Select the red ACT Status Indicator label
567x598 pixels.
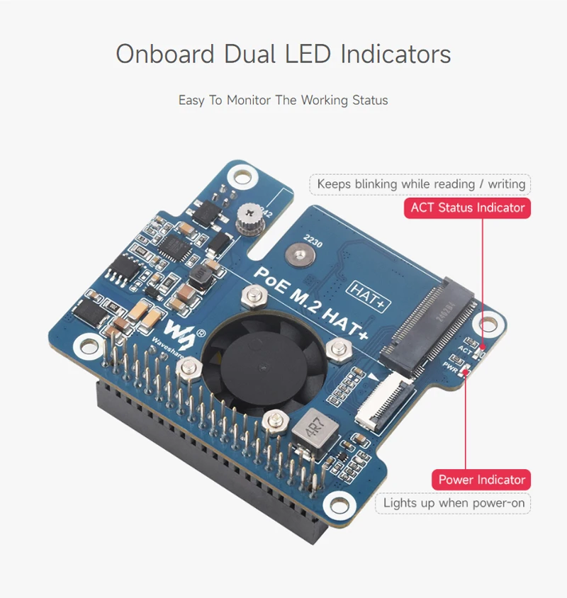tap(468, 208)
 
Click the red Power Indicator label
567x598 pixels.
tap(481, 480)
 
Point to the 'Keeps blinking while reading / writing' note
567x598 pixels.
tap(420, 184)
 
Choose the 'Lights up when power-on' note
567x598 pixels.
tap(454, 503)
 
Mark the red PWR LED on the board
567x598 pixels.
tap(465, 371)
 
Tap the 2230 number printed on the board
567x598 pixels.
tap(313, 243)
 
